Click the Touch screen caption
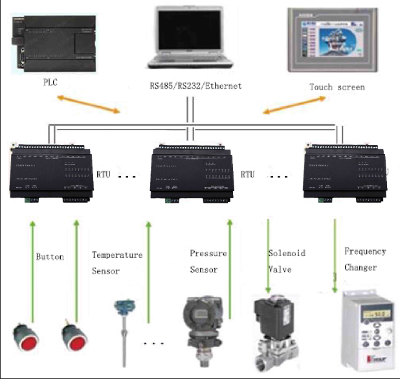[337, 87]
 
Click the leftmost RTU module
[52, 172]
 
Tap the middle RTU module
[195, 174]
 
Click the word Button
[50, 257]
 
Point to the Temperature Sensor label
[117, 263]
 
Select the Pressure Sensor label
[208, 261]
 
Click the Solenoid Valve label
[287, 261]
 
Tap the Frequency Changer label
[365, 259]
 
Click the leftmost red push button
[27, 339]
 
